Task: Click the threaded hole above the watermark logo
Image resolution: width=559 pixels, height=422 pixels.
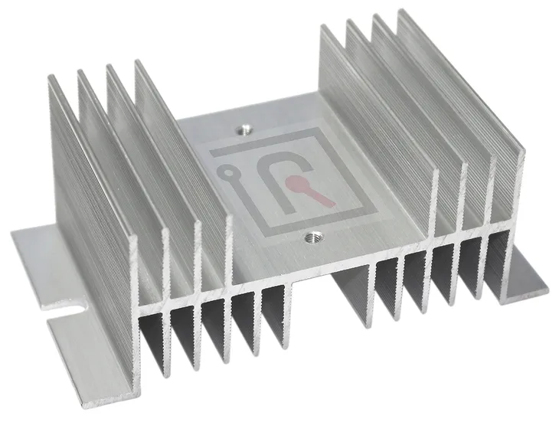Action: (x=244, y=129)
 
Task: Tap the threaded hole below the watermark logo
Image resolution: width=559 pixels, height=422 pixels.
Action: (x=310, y=239)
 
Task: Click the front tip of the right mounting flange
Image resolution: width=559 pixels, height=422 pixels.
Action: (x=545, y=290)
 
